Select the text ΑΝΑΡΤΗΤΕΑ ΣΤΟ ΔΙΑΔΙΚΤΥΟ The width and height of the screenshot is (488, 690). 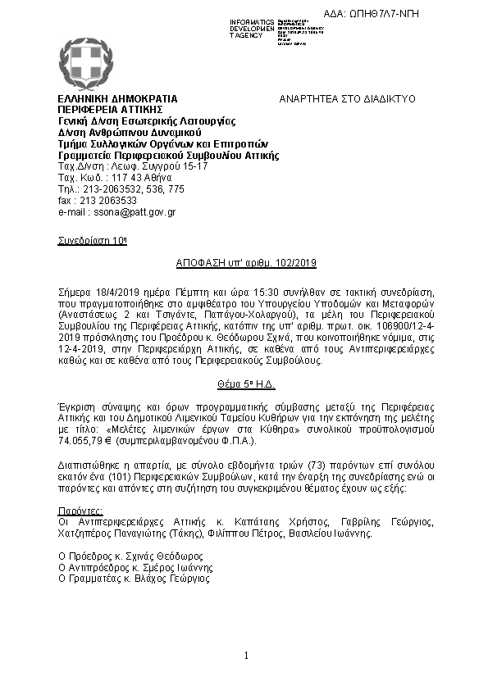tap(348, 98)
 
